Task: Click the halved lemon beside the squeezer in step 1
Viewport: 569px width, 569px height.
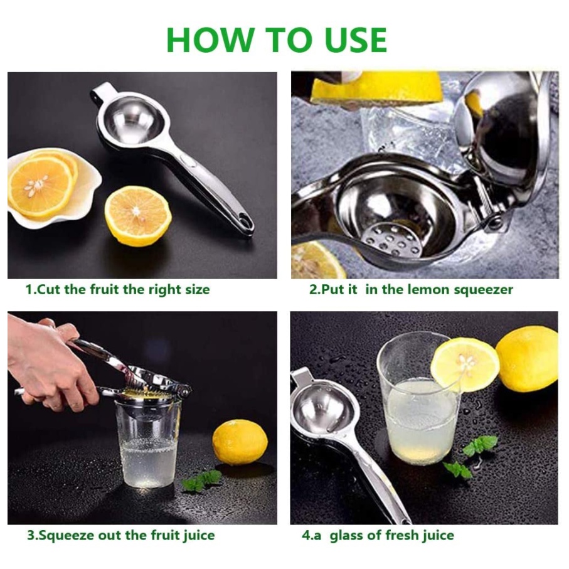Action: point(138,216)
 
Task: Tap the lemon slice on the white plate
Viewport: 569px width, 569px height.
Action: point(40,186)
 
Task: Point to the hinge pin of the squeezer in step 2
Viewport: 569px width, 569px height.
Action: point(494,220)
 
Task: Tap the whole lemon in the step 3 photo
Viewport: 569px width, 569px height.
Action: point(240,442)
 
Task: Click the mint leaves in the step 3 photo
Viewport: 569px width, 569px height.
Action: point(202,479)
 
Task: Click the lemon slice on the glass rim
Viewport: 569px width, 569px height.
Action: point(465,365)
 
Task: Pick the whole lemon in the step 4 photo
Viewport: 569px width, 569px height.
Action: point(527,359)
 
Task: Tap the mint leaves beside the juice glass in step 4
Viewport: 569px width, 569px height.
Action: point(470,455)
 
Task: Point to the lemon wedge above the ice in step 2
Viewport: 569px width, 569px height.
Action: point(376,87)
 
